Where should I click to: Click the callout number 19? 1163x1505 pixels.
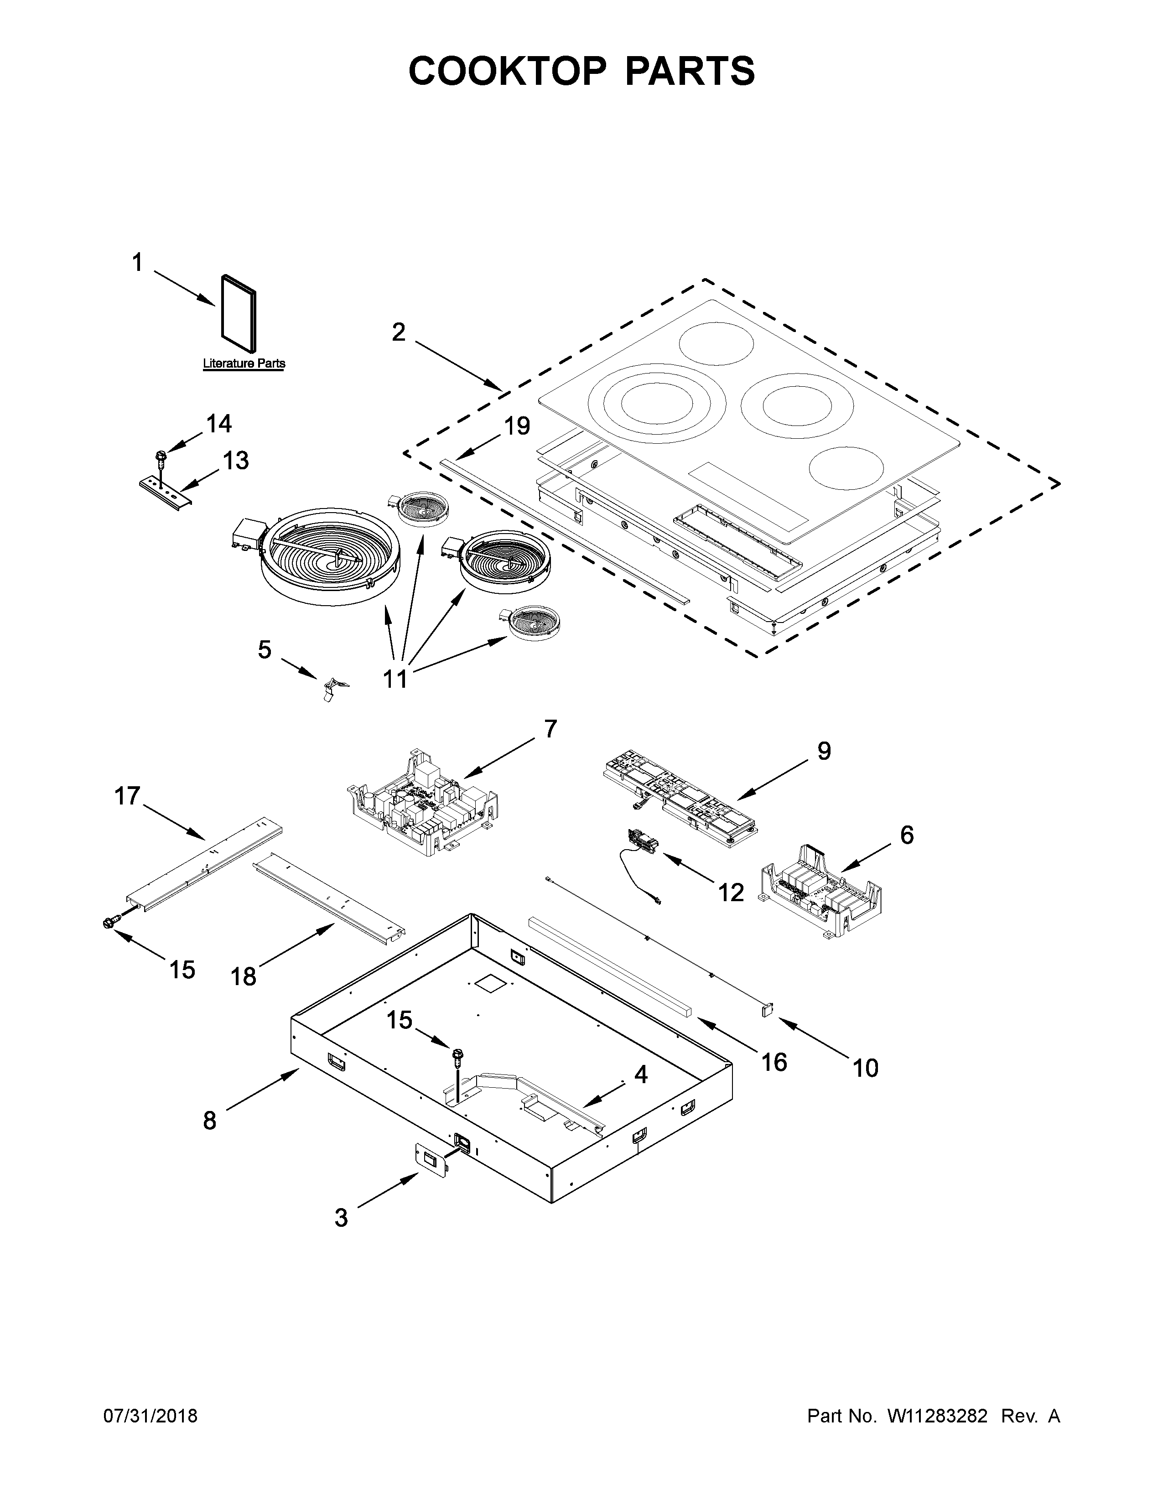(x=517, y=426)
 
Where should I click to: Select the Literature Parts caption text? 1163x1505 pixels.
(x=244, y=363)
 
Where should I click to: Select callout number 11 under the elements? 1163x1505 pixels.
(x=395, y=679)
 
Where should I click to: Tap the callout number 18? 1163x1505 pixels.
(x=243, y=976)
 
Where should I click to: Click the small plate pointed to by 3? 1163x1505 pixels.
(x=431, y=1165)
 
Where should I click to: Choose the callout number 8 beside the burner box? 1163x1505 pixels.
(x=209, y=1121)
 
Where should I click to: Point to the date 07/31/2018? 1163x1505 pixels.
(x=150, y=1416)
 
